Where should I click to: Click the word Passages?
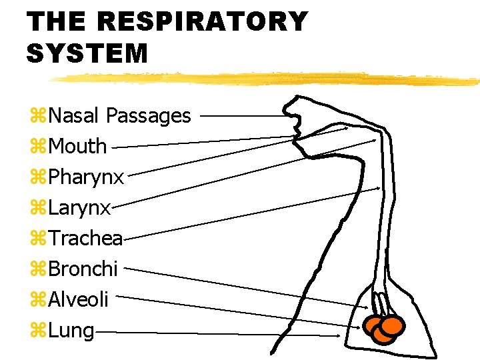click(x=149, y=117)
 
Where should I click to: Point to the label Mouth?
click(x=77, y=146)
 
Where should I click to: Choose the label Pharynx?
click(x=86, y=177)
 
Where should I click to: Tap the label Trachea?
click(x=85, y=239)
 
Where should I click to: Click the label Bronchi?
click(x=83, y=269)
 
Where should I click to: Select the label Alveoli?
click(x=78, y=300)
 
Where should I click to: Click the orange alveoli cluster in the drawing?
click(x=383, y=328)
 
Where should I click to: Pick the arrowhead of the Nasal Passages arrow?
click(x=291, y=116)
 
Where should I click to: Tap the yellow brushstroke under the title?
click(x=267, y=79)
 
